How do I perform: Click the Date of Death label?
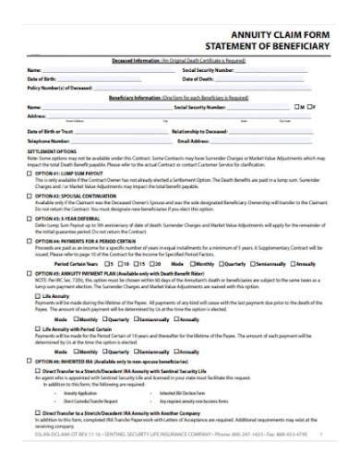click(199, 79)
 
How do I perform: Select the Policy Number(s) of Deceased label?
click(61, 89)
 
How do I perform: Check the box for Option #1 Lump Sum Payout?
click(30, 173)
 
